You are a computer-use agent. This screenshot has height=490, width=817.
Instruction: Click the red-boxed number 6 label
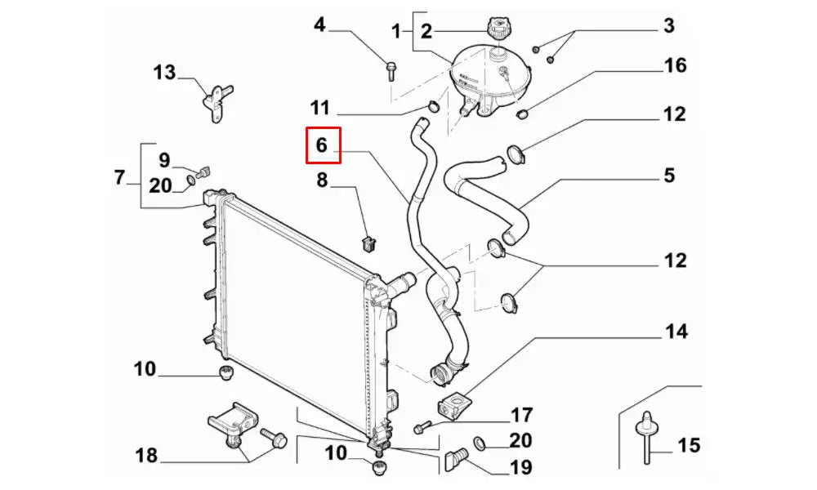tap(321, 145)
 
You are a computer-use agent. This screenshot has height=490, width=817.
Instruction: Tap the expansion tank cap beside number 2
tap(498, 29)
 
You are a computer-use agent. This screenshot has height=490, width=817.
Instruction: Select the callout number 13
tap(164, 73)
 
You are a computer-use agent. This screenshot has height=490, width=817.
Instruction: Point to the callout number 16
tap(675, 65)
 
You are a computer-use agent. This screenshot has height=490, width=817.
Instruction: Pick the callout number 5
tap(669, 175)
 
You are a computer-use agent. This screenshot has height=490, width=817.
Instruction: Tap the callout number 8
tap(321, 180)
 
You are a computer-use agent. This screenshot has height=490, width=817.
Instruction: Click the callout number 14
tap(676, 332)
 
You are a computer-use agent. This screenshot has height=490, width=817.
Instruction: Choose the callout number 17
tap(521, 415)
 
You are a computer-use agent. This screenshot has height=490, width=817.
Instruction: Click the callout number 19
tap(520, 468)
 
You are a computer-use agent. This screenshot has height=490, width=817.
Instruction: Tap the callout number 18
tap(146, 455)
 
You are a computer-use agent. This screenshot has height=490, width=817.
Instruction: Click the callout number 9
tap(163, 158)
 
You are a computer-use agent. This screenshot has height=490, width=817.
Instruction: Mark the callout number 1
tap(397, 32)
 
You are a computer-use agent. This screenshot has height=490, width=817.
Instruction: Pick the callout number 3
tap(669, 25)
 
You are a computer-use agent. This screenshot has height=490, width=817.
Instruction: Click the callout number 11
tap(319, 108)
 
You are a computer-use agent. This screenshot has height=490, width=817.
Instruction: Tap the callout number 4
tap(319, 25)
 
